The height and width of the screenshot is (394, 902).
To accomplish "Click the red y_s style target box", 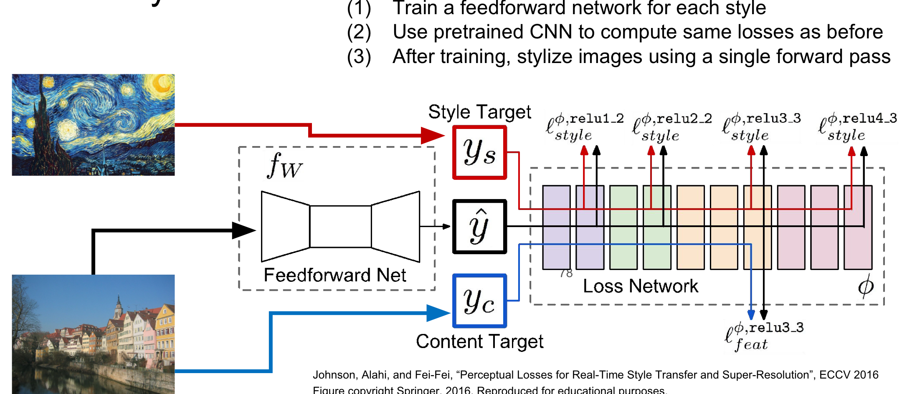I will [x=479, y=152].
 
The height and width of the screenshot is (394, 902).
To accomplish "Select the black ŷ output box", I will [x=479, y=227].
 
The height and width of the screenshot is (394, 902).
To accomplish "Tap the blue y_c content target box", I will [x=479, y=301].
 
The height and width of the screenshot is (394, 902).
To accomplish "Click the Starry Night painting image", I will [x=93, y=125].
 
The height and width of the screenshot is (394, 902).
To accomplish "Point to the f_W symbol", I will [x=284, y=166].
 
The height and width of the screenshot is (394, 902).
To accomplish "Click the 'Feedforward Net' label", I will [x=334, y=275].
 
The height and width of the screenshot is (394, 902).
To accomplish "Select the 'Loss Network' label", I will [x=640, y=286].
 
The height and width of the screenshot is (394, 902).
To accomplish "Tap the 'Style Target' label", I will [x=479, y=112].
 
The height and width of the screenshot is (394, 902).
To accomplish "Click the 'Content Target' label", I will [x=479, y=341].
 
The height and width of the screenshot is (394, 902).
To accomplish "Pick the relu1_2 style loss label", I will [x=585, y=126].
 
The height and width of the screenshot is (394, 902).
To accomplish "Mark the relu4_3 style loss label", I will [x=857, y=126].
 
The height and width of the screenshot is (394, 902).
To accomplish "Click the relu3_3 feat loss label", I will [x=764, y=336].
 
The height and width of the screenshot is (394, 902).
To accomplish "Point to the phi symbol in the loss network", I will [x=866, y=286].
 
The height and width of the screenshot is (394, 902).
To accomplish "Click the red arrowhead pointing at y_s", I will [x=433, y=135].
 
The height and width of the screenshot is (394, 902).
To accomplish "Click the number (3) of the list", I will [x=359, y=57].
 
